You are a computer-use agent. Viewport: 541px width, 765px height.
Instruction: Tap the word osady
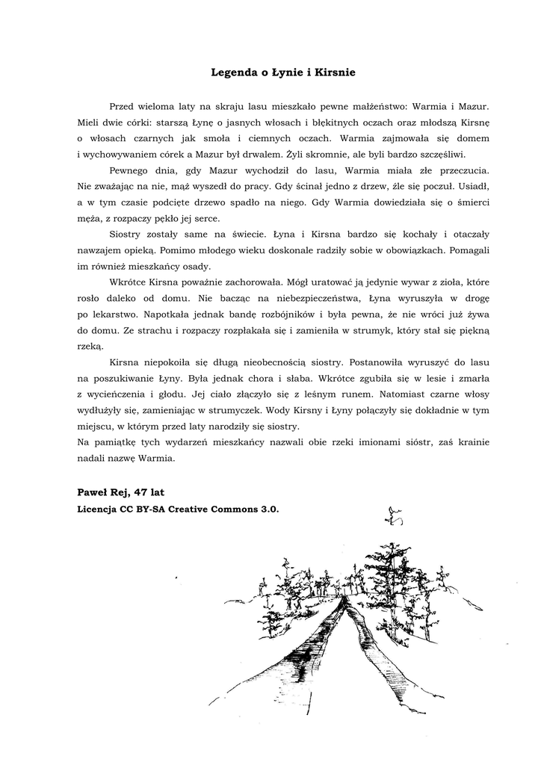tap(196, 266)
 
